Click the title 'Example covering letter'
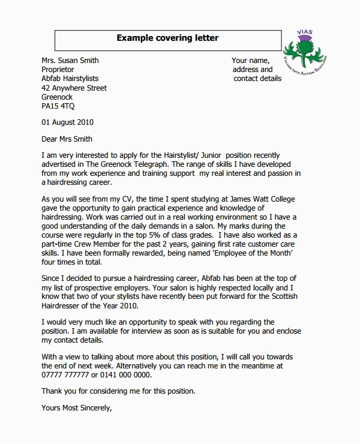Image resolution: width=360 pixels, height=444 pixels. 167,38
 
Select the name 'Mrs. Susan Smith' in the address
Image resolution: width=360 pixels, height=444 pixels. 70,60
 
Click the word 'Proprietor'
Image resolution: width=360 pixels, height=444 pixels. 59,70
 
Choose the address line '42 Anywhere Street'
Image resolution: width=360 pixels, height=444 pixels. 74,88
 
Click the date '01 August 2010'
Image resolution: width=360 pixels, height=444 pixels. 67,122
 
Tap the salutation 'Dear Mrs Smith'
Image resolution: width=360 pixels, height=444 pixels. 67,138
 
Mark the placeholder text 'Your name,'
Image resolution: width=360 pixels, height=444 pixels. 251,60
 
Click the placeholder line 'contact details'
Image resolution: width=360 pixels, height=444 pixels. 257,79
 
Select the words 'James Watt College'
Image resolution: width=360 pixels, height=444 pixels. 280,200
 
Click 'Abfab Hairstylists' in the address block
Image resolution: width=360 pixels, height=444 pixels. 70,79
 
